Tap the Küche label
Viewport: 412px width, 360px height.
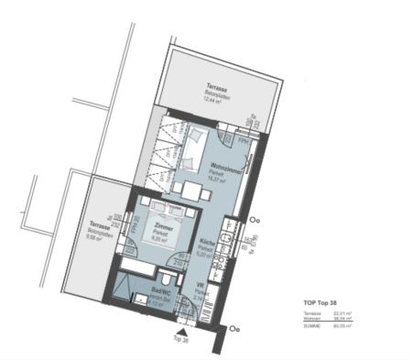point(207,245)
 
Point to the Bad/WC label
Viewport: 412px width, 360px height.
point(154,294)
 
